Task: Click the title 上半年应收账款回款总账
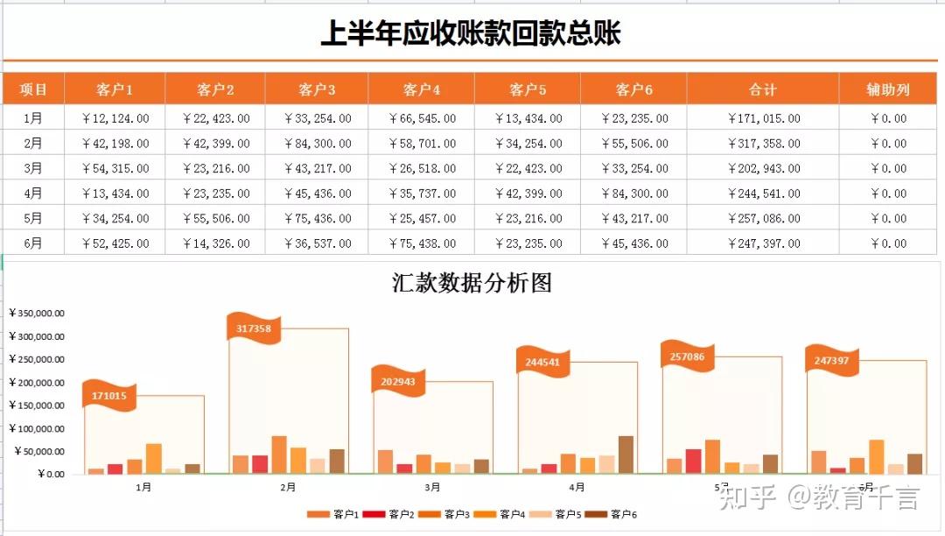(471, 33)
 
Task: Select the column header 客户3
(317, 89)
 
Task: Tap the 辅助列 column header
(887, 89)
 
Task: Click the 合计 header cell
(762, 89)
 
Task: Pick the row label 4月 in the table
(32, 194)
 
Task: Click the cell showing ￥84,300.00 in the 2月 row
(317, 144)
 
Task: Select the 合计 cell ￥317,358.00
(762, 144)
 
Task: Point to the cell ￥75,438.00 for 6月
(421, 243)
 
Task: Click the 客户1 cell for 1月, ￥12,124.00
(115, 118)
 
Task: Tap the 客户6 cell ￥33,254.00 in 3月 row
(633, 168)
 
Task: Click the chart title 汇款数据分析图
(472, 283)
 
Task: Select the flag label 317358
(254, 328)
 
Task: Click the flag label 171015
(108, 396)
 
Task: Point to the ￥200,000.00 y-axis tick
(37, 383)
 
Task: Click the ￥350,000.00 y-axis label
(37, 313)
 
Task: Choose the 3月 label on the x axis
(432, 487)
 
